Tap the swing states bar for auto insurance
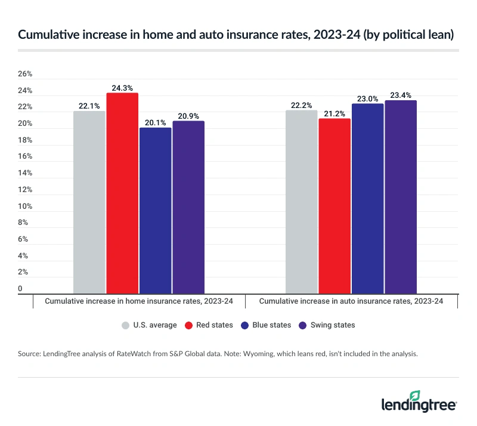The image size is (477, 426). point(400,197)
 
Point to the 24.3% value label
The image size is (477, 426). point(122,88)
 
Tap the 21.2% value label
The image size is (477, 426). point(334,113)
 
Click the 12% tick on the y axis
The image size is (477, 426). point(25,190)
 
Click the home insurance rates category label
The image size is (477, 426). point(139,301)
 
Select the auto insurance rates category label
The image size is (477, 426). point(351,301)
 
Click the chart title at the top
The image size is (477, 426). point(236,35)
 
